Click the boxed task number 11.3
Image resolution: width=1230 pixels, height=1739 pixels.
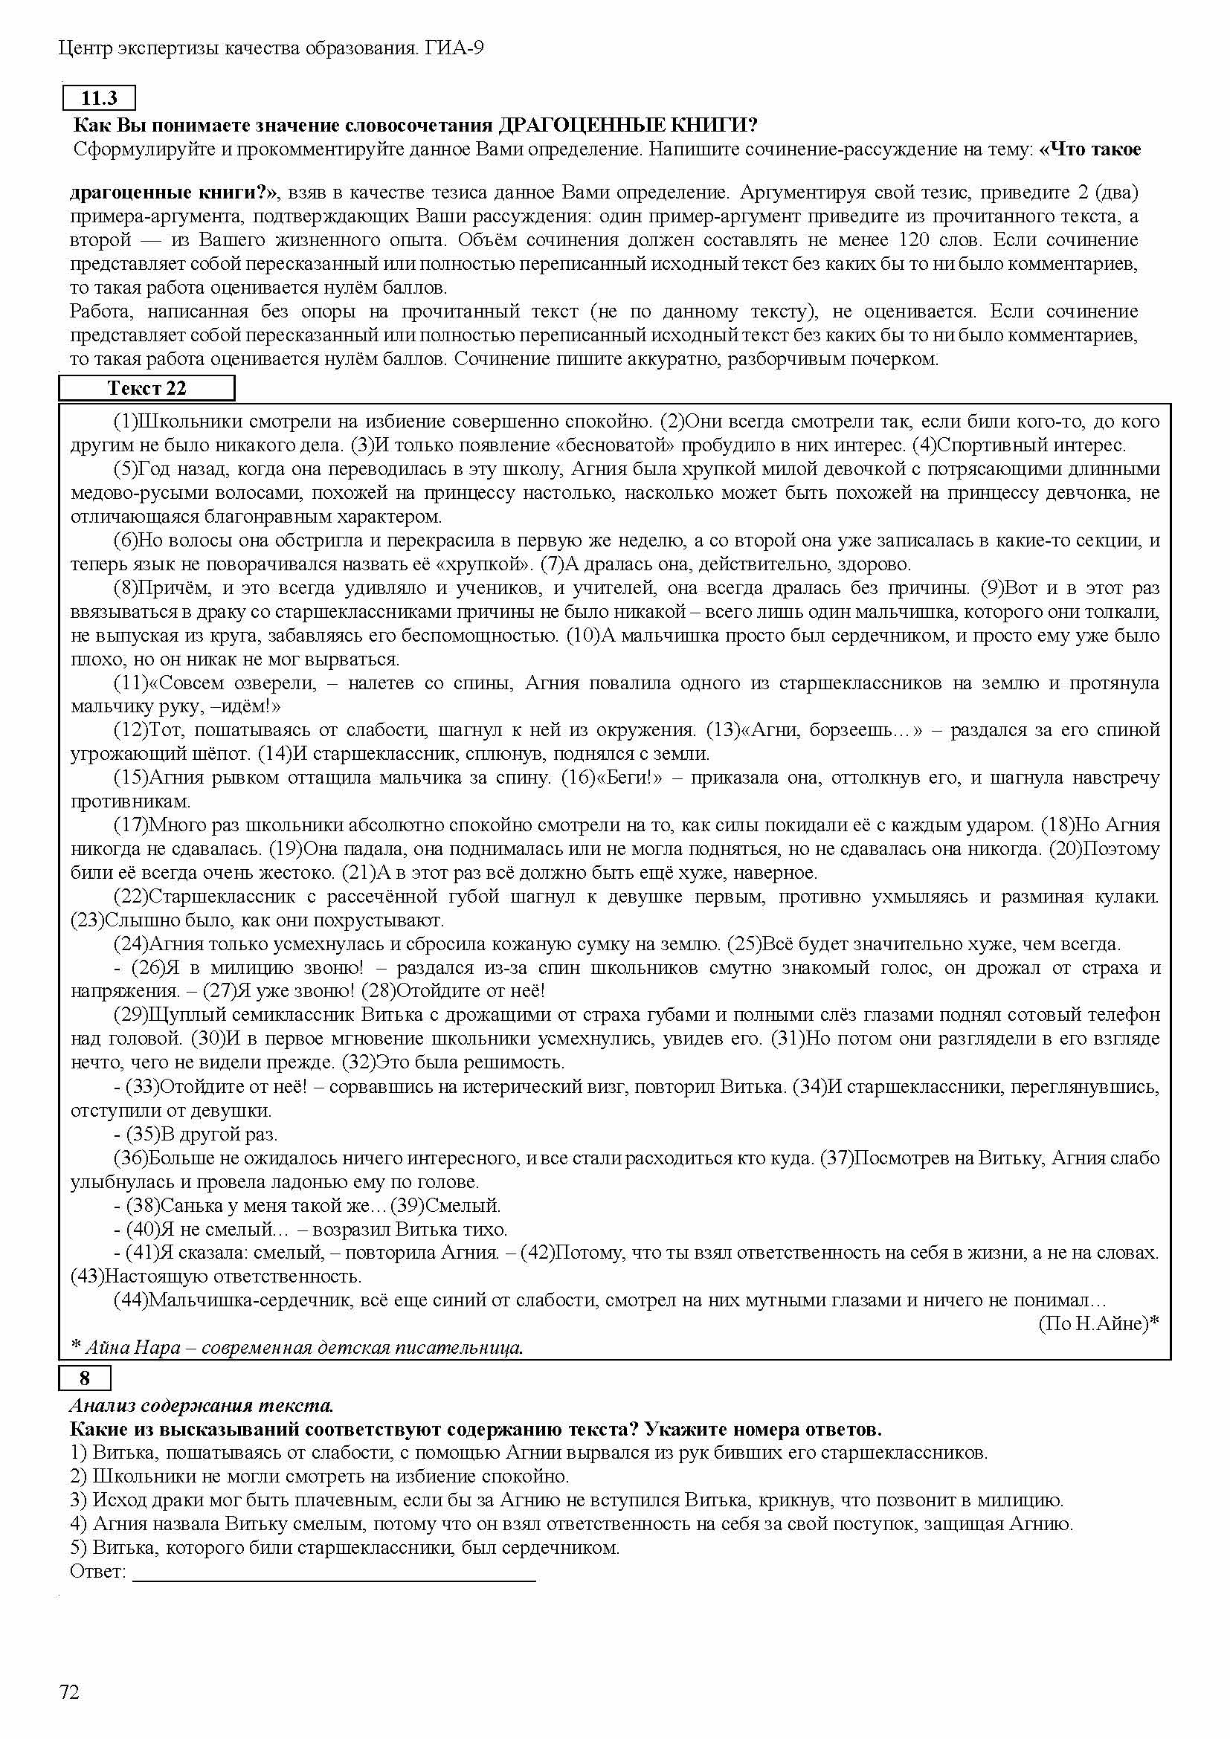click(x=98, y=98)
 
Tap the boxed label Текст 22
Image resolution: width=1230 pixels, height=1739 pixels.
click(x=146, y=389)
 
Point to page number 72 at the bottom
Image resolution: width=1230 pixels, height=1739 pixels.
click(x=69, y=1691)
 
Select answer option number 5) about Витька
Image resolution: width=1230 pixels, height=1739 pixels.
click(x=78, y=1547)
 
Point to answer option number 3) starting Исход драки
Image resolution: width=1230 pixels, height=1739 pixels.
click(x=78, y=1500)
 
